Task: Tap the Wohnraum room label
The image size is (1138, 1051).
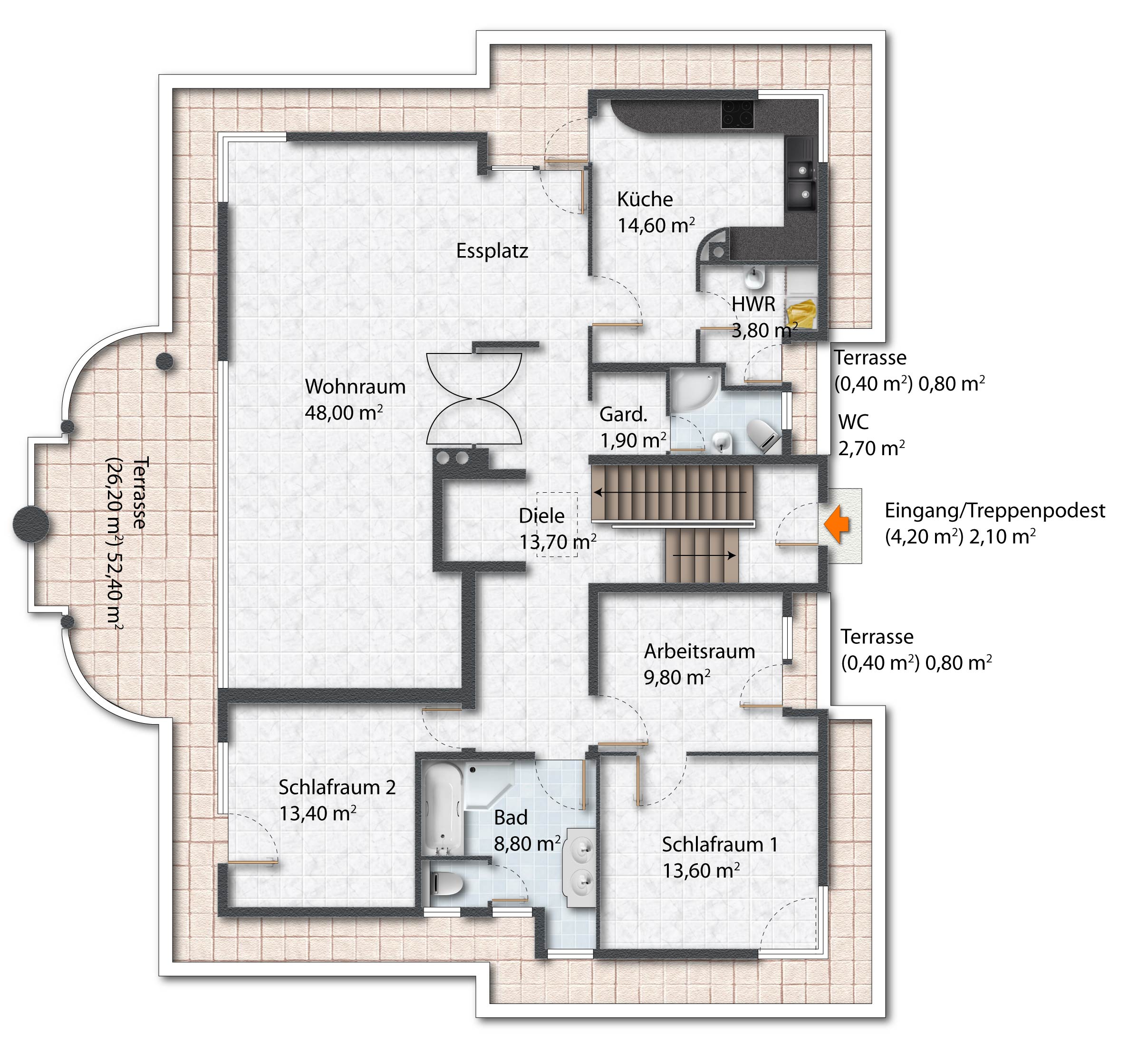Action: [x=355, y=387]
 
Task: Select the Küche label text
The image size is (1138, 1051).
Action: [x=645, y=199]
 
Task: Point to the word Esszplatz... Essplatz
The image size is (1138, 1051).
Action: [x=492, y=251]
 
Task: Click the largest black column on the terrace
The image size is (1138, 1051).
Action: [x=31, y=525]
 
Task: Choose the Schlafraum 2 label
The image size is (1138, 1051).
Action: [x=337, y=787]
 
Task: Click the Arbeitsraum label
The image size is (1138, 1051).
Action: [x=699, y=651]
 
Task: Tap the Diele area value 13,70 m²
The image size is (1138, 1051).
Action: [x=558, y=542]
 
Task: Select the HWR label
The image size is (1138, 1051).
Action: [x=753, y=304]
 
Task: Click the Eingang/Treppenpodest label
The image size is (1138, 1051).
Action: [x=994, y=511]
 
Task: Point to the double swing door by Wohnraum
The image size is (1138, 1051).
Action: [x=474, y=398]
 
